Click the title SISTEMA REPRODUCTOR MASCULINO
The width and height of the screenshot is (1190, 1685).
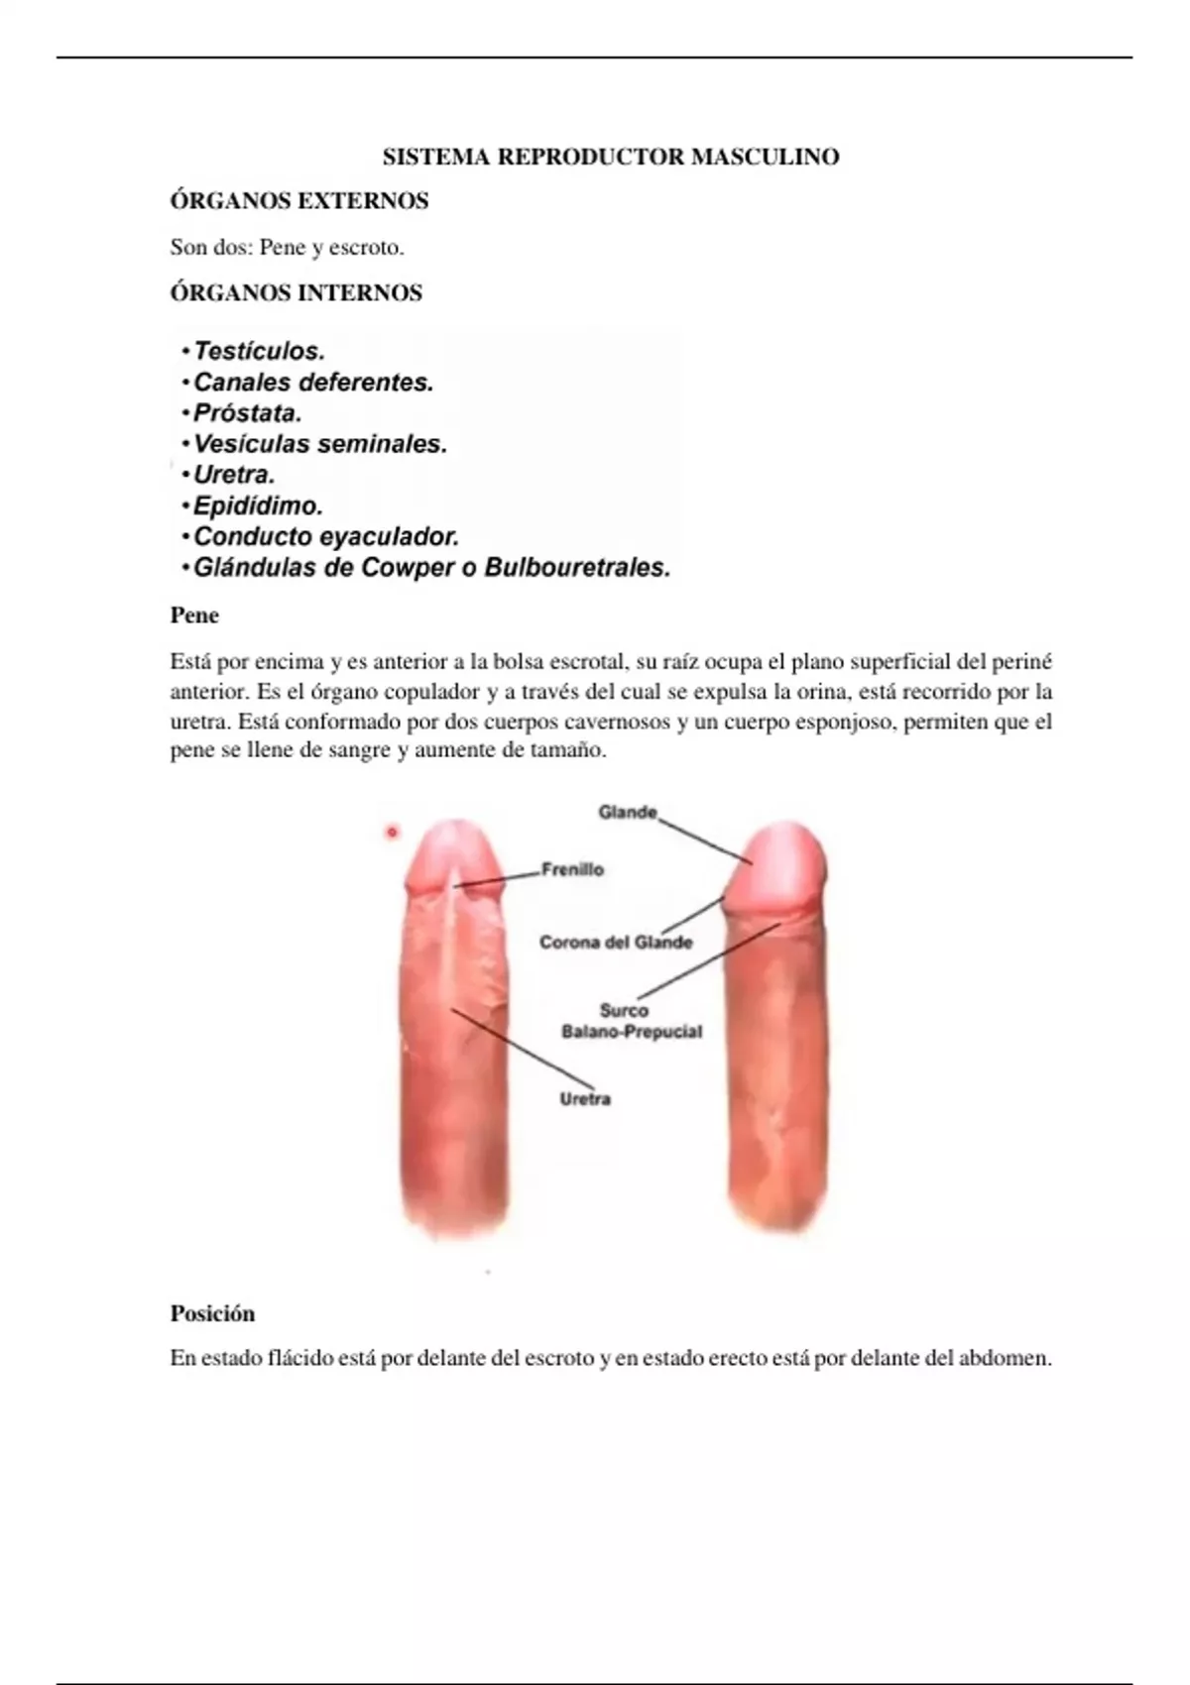(x=611, y=157)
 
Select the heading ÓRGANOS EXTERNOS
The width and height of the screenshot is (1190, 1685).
(x=299, y=201)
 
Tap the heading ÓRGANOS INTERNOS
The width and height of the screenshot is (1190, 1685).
(x=297, y=293)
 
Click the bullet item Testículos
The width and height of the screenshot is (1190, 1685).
(x=259, y=351)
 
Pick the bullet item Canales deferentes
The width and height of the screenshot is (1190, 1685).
(x=313, y=383)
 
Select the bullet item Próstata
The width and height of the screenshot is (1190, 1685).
(x=247, y=413)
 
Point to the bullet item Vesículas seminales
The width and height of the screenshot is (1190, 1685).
(x=320, y=444)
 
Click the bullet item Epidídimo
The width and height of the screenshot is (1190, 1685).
(x=258, y=506)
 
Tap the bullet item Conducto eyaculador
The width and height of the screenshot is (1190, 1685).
(x=326, y=537)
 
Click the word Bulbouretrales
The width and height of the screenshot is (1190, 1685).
(x=577, y=568)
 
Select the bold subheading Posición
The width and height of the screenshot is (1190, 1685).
(x=212, y=1313)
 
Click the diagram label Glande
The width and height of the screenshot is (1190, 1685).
(x=627, y=813)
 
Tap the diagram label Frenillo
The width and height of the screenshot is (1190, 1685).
(x=572, y=870)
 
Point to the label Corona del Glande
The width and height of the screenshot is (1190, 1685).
(x=616, y=942)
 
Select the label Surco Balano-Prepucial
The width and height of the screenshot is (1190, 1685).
(x=631, y=1021)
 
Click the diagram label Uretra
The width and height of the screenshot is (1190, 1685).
(x=585, y=1099)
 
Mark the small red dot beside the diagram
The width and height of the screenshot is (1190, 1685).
(x=392, y=833)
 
